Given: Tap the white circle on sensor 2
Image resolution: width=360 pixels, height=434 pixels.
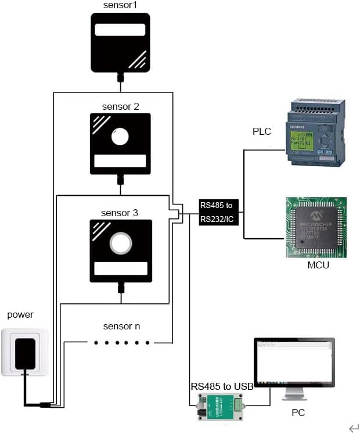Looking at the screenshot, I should [120, 137].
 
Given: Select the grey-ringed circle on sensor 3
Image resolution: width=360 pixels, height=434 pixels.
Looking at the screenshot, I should [120, 243].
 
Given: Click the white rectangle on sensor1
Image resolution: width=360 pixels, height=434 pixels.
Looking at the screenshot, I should [120, 31].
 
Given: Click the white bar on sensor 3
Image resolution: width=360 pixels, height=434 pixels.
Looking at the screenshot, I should [120, 268].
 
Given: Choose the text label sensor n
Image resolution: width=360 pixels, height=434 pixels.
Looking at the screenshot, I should [121, 327].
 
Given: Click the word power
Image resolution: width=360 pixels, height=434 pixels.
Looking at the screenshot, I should [20, 315].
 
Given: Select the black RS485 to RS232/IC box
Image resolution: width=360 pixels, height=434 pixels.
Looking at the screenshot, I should [218, 212].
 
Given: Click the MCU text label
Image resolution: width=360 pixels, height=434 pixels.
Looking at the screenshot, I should [318, 266].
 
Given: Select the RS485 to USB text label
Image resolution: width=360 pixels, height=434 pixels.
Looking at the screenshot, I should [222, 386].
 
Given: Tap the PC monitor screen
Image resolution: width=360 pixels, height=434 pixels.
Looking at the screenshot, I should [294, 364].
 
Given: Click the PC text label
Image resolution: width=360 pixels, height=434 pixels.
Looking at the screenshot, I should [297, 413].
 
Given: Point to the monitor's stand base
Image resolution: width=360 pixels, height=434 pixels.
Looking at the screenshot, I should [294, 398].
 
